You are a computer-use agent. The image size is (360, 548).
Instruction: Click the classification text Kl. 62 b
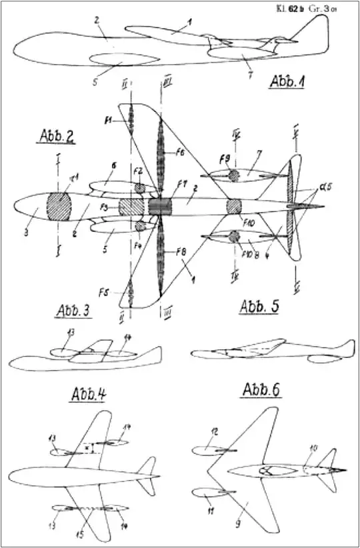click(x=297, y=9)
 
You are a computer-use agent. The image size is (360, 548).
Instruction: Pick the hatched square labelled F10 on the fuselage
click(x=234, y=207)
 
